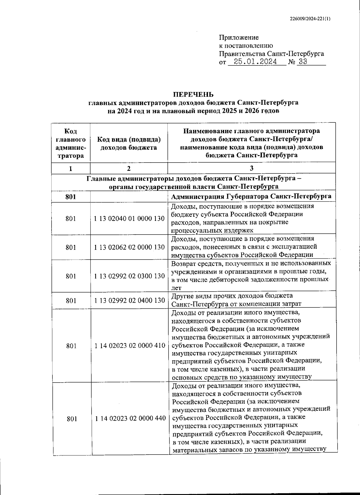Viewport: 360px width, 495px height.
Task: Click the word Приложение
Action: click(239, 37)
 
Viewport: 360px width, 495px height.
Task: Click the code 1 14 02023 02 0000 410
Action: click(130, 346)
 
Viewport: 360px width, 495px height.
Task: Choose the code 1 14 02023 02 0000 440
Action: click(130, 418)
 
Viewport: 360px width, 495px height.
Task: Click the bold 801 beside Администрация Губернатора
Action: click(71, 196)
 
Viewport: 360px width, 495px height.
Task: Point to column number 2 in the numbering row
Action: click(129, 168)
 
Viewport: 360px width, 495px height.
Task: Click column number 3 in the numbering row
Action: click(251, 168)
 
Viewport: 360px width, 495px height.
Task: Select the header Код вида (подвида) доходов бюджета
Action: click(129, 143)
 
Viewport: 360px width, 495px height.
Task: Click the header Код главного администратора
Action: click(71, 143)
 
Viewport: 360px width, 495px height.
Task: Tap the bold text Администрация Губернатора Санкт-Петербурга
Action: click(251, 196)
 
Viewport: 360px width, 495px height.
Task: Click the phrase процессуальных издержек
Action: click(212, 230)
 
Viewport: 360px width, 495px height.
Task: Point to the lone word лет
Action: click(176, 288)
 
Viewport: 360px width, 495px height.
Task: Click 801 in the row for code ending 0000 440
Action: click(71, 418)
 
